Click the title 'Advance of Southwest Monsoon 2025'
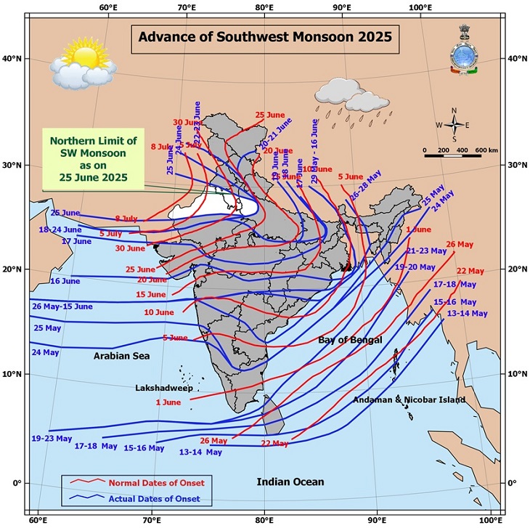click(265, 36)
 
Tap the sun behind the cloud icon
click(82, 60)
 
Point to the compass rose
click(454, 125)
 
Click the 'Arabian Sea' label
click(121, 356)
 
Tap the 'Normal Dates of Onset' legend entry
click(155, 483)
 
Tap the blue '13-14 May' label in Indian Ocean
click(200, 452)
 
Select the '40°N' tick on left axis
click(12, 59)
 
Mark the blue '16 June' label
click(65, 281)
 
